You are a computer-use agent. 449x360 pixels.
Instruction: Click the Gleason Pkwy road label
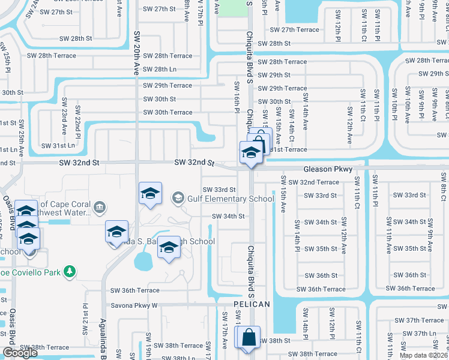[x=327, y=170]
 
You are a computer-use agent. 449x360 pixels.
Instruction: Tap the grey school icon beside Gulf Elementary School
[x=178, y=197]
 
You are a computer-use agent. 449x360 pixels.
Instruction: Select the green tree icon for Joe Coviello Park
[x=70, y=272]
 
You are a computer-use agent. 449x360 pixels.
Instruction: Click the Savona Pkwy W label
[x=133, y=305]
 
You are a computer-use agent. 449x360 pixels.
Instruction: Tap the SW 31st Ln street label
[x=58, y=146]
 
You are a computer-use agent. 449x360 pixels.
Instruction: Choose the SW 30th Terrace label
[x=167, y=112]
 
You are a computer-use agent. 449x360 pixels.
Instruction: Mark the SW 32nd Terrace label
[x=313, y=182]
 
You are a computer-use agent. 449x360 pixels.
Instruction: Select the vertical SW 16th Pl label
[x=237, y=97]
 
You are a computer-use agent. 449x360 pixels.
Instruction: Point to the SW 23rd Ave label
[x=64, y=120]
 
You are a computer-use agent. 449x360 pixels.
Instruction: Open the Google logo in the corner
[x=20, y=353]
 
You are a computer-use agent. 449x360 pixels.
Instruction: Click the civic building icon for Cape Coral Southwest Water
[x=99, y=207]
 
